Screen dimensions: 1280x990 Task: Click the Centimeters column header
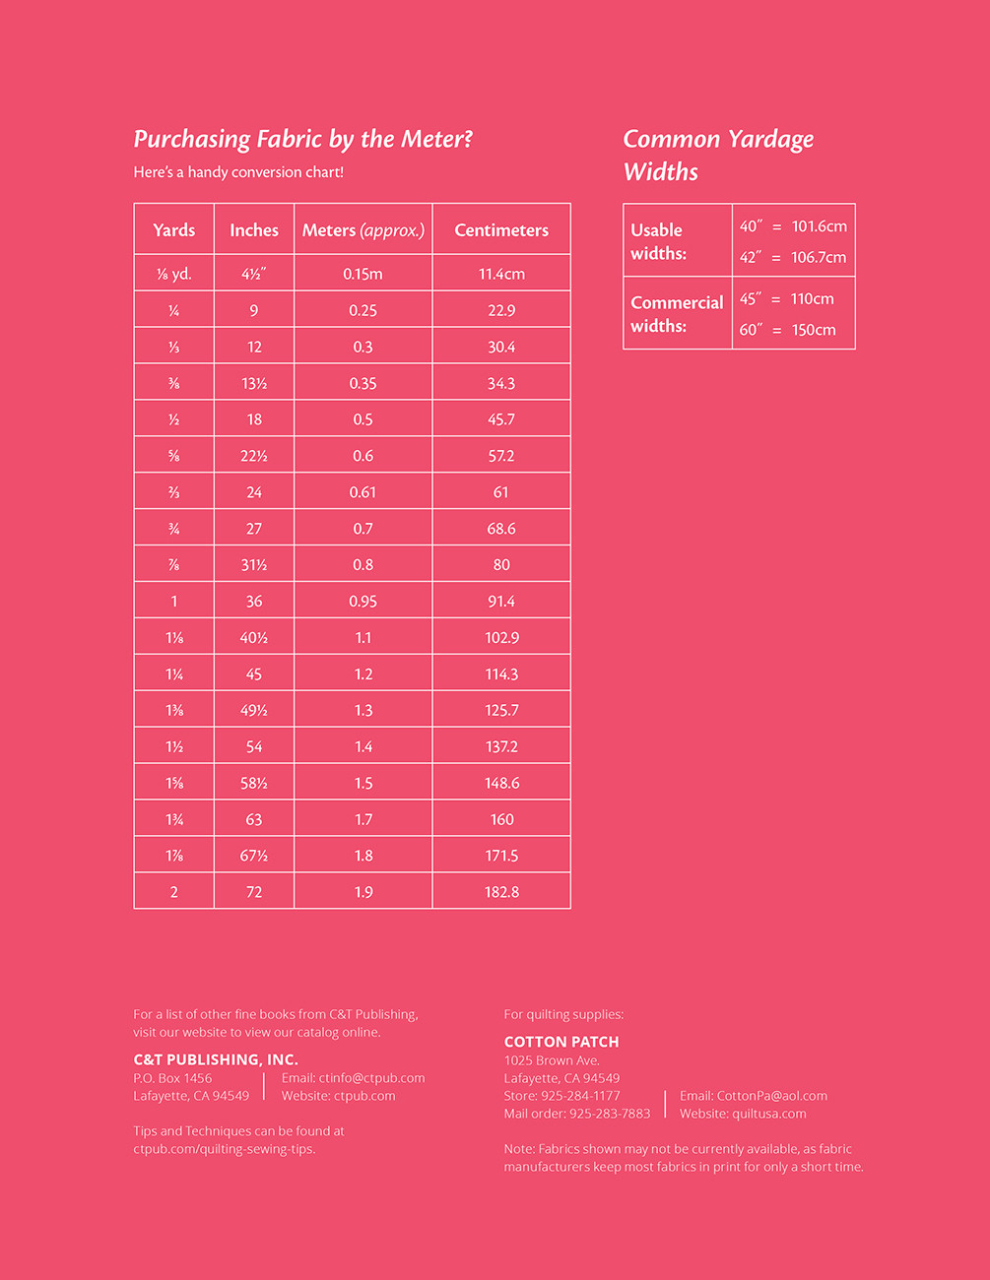501,230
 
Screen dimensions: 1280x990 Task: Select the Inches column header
254,230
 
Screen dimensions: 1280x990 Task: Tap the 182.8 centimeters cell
501,892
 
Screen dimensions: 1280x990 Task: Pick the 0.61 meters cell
363,492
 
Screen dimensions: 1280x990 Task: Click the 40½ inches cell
254,638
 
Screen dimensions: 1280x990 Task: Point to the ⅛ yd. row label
174,274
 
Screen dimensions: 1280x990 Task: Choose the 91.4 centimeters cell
501,602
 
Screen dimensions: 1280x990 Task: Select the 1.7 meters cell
363,819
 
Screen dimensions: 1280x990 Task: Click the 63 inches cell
254,819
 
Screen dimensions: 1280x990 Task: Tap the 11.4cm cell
501,274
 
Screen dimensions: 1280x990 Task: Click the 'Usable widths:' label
658,241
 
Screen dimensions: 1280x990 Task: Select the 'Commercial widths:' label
677,314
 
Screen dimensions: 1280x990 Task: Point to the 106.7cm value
819,257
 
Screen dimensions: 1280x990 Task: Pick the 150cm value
814,330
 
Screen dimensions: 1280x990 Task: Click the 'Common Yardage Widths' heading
718,155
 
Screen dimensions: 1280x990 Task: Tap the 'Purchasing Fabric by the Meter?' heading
303,139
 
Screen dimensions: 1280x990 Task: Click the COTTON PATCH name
561,1042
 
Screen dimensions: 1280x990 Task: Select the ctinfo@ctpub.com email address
371,1078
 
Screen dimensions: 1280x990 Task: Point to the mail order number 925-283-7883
610,1114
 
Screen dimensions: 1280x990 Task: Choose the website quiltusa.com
768,1114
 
